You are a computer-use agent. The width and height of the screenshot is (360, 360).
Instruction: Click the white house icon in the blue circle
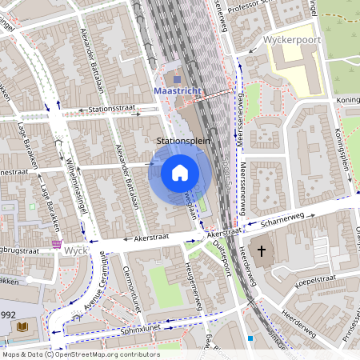pyautogui.click(x=180, y=172)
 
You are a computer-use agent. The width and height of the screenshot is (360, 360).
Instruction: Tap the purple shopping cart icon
pyautogui.click(x=57, y=245)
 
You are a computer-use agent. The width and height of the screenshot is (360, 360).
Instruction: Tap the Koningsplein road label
pyautogui.click(x=350, y=152)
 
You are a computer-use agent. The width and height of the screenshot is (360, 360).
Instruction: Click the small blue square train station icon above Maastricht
pyautogui.click(x=177, y=79)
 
